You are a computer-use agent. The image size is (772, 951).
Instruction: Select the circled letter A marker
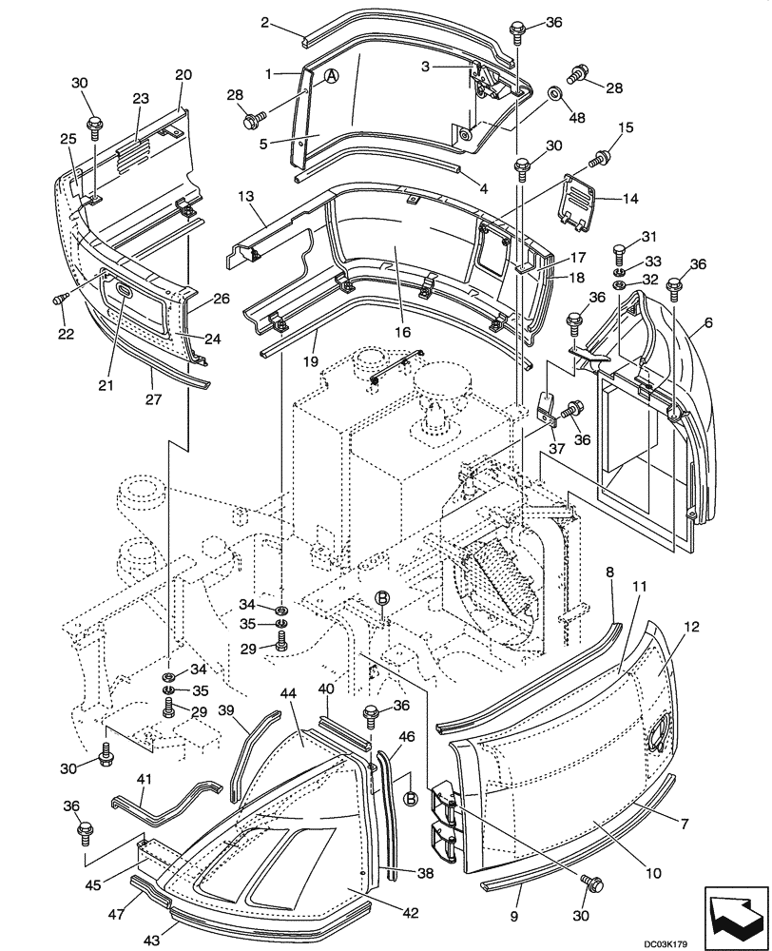point(331,79)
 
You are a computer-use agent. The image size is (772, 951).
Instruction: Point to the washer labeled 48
point(552,94)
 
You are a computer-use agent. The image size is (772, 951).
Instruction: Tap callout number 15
point(626,127)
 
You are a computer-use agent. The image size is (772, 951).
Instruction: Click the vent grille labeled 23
point(133,147)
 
